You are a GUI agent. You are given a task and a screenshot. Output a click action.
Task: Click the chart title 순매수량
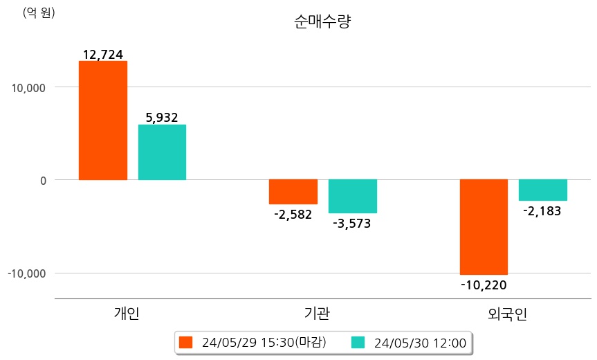point(322,21)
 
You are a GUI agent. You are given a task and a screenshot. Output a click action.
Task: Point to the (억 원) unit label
point(39,13)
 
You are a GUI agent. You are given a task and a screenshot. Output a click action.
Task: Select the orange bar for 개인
point(103,120)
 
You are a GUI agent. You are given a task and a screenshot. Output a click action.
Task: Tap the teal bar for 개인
point(162,152)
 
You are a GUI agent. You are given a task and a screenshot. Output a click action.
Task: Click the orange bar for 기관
point(293,192)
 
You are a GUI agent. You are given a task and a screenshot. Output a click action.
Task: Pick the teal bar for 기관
point(352,196)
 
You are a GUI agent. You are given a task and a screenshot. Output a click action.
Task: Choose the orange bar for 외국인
point(484,227)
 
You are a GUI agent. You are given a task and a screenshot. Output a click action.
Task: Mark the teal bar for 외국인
point(542,190)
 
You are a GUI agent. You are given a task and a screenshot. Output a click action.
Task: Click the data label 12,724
point(103,54)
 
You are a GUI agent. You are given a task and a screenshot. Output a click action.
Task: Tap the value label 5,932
point(162,118)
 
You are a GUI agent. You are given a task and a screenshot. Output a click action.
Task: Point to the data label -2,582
point(293,215)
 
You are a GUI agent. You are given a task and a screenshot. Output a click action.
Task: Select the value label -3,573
point(352,224)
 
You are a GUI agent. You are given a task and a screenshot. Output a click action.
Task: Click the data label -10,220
point(484,285)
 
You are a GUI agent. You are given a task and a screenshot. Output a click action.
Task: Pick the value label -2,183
point(542,211)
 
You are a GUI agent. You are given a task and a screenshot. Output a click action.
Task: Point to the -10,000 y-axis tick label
point(26,273)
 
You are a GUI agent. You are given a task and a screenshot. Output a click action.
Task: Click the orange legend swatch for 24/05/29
point(185,343)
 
